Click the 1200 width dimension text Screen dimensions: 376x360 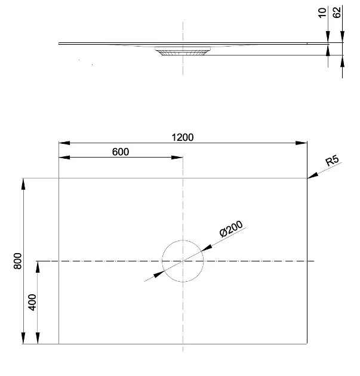(183, 137)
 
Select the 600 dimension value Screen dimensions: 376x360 (121, 152)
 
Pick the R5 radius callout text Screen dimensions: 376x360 (333, 161)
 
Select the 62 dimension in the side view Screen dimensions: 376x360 (337, 13)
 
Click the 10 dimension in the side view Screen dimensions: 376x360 (323, 13)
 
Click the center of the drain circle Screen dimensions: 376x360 (183, 261)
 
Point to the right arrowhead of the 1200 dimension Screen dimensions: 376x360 (302, 143)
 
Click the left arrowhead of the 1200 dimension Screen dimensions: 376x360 (63, 143)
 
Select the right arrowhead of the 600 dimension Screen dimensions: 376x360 (179, 158)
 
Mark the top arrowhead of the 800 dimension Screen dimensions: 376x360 (24, 183)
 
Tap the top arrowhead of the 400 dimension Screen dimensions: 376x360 (38, 266)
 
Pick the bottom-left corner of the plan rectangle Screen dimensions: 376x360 (59, 344)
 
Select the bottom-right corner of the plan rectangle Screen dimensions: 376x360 (307, 344)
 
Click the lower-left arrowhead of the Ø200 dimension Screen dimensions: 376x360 (158, 273)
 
